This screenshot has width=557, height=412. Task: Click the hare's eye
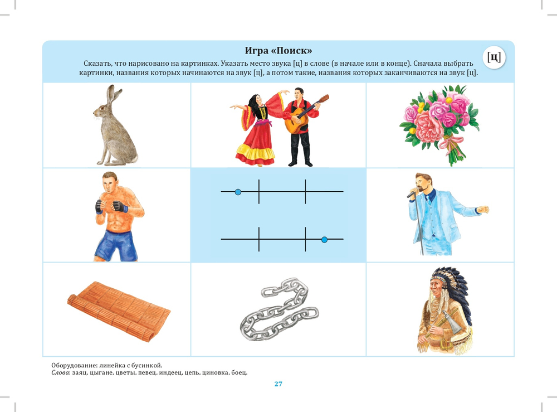(x=102, y=108)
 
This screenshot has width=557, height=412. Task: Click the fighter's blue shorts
(x=116, y=245)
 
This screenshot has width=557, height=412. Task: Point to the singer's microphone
(x=412, y=193)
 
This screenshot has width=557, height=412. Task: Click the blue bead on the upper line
(x=238, y=192)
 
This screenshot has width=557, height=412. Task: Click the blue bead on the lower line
(x=324, y=240)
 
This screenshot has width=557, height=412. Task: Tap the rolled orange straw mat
(x=119, y=312)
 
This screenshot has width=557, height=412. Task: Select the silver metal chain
(x=279, y=309)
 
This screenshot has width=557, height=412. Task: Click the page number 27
(x=278, y=384)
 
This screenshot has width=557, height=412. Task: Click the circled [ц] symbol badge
(x=494, y=57)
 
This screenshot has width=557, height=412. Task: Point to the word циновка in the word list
(x=215, y=372)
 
